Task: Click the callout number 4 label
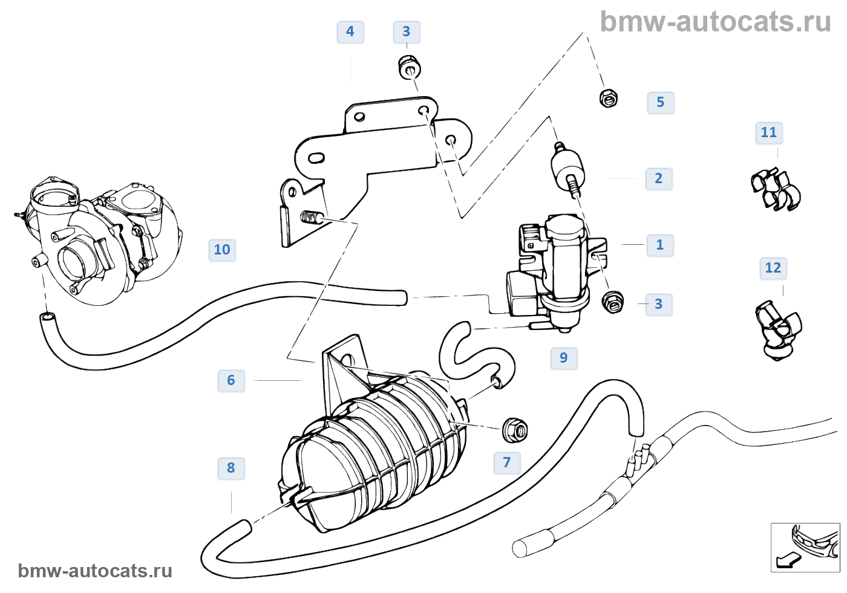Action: (350, 32)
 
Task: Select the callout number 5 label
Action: (661, 103)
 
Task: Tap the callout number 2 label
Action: (659, 179)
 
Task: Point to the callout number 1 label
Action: (660, 245)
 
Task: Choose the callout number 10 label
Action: (222, 250)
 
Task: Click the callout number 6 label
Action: (231, 381)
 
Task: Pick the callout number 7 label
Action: (507, 463)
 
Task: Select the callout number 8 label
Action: (231, 468)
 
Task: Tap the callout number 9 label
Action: (564, 358)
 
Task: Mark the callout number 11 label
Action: (769, 133)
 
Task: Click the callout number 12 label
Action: (773, 268)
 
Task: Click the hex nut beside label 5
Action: (608, 97)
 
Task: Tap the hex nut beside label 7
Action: (515, 429)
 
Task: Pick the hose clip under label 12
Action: (779, 330)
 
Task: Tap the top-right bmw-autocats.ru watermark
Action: (715, 22)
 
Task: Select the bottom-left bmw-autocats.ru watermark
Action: (95, 571)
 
